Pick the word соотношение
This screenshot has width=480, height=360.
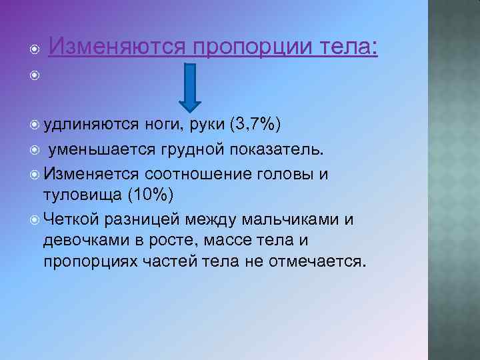[x=195, y=173]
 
